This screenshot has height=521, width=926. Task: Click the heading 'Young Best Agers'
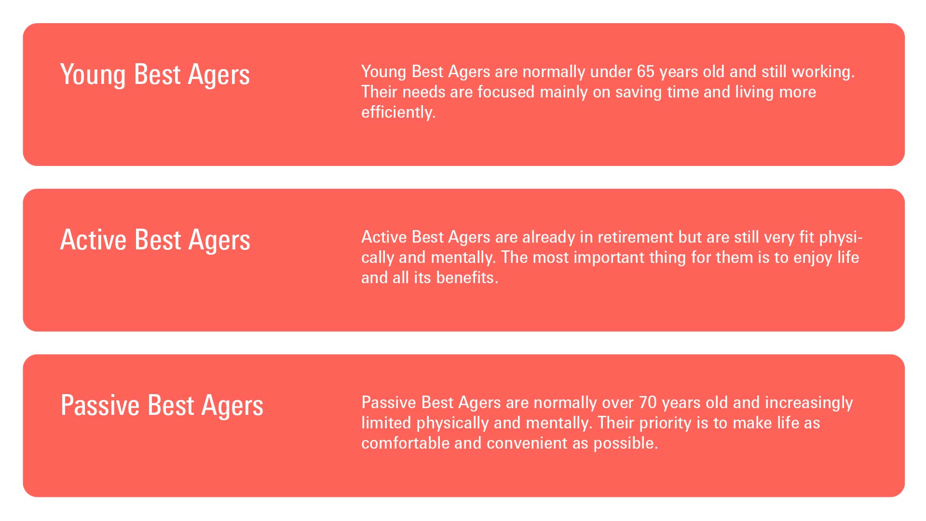coord(155,75)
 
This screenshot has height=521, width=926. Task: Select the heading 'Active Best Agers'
coord(155,240)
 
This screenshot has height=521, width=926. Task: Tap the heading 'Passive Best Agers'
coord(162,406)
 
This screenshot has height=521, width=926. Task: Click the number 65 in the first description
coord(645,71)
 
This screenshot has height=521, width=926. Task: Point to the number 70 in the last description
coord(648,402)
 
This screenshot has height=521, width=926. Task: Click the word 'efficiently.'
coord(398,112)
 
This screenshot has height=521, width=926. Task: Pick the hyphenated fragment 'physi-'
coord(841,237)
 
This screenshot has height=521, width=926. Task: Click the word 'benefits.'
coord(467,277)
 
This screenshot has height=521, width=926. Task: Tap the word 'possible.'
coord(625,443)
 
